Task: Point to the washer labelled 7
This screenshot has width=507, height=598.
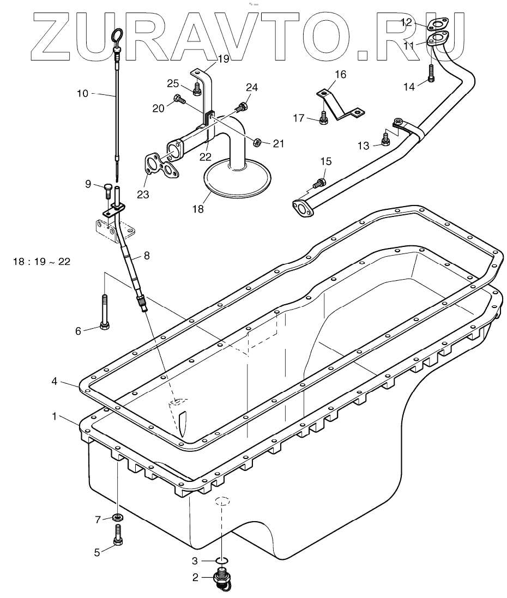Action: click(x=117, y=517)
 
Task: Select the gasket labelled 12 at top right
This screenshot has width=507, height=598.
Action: click(x=436, y=24)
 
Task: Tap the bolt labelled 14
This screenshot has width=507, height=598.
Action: click(x=431, y=73)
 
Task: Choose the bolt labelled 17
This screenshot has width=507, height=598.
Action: click(x=324, y=118)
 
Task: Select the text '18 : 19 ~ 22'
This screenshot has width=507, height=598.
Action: click(x=41, y=262)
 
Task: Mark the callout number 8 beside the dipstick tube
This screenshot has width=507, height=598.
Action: click(x=145, y=255)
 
